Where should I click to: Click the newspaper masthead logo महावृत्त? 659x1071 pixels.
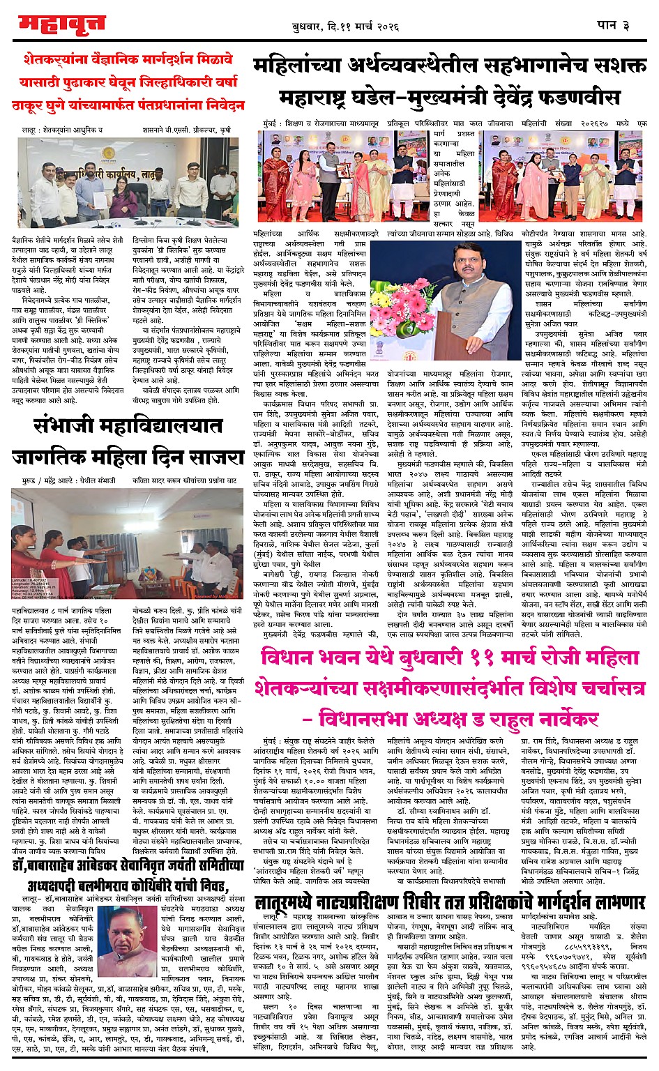click(x=62, y=24)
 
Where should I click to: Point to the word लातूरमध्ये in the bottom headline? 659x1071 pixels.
click(x=294, y=899)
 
